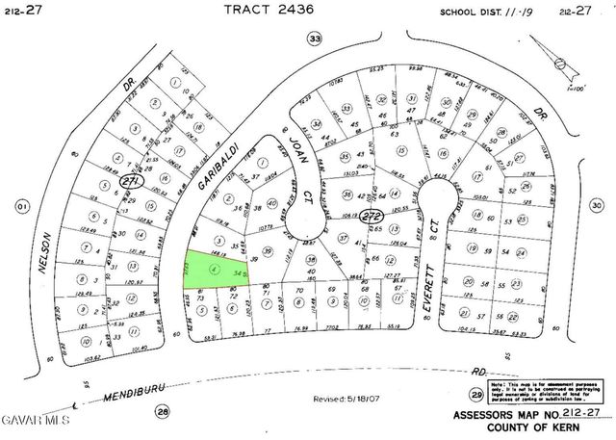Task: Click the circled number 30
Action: (x=596, y=205)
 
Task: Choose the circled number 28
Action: (x=163, y=411)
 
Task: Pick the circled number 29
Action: (x=475, y=396)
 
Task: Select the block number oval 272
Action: (x=370, y=219)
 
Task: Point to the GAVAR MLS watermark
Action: (x=36, y=421)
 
